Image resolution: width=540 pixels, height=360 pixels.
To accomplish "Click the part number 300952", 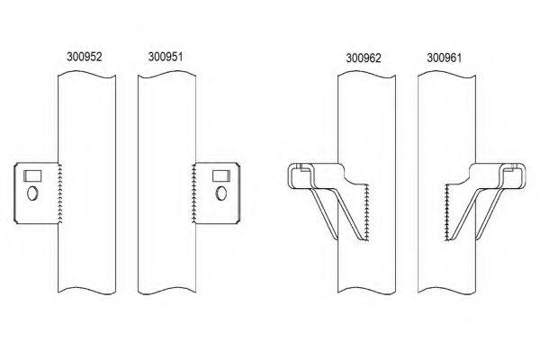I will tap(84, 55).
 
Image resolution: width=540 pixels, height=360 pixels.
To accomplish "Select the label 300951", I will tap(163, 55).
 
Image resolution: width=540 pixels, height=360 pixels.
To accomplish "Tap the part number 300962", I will tap(364, 58).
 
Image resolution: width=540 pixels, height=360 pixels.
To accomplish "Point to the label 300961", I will tap(445, 58).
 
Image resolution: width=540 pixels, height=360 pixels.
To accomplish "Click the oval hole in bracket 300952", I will tap(33, 193).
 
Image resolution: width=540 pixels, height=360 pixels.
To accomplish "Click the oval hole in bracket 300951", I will tap(219, 192).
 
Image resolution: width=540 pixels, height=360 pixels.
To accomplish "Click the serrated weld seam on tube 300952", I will tap(58, 191).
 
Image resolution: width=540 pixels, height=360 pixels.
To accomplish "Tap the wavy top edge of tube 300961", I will tap(447, 76).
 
